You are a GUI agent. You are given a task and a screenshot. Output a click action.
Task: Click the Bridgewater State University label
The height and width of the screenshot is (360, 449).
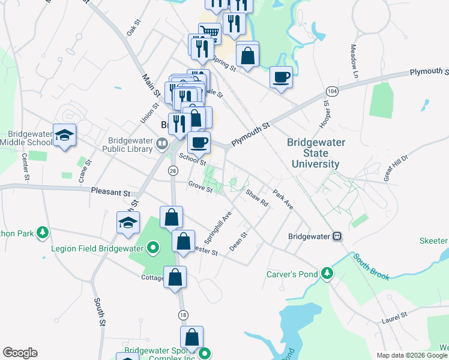point(313,153)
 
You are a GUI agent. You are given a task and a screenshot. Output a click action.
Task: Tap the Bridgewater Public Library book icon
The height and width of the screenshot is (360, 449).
point(161,143)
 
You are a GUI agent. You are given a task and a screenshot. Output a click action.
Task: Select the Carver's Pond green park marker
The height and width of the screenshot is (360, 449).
point(327,274)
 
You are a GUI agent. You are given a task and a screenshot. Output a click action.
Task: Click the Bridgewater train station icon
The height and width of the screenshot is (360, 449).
point(338,236)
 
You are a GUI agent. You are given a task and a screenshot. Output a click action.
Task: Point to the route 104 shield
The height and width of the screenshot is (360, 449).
point(331,91)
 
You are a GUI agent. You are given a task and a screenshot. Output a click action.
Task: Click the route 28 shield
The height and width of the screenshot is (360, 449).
point(173,172)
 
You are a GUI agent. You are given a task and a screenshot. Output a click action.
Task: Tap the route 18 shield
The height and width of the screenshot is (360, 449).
point(182,314)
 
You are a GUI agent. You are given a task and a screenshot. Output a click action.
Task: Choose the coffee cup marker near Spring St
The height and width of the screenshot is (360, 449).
point(281,77)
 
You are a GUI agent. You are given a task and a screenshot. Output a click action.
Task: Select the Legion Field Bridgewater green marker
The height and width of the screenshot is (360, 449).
point(153,247)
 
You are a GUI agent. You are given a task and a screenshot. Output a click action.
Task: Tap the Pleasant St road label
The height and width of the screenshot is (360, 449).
point(110,193)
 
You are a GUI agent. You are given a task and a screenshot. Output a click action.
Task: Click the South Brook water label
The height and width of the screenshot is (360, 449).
point(371,267)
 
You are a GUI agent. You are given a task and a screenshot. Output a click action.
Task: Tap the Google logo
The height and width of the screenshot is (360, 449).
point(20,353)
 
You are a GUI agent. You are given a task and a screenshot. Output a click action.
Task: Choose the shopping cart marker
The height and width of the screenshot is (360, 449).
point(209,32)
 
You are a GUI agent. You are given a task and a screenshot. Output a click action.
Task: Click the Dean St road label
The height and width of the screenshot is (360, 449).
point(238,242)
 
